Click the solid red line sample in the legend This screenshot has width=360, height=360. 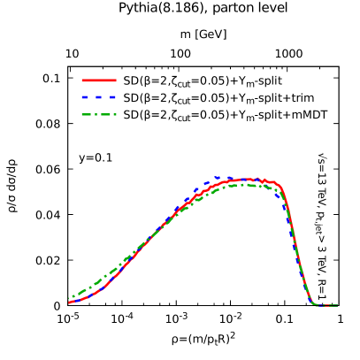coord(99,80)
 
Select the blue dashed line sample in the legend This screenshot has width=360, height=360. coord(99,97)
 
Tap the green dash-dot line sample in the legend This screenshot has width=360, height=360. coord(99,114)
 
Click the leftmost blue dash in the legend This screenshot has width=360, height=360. coord(85,97)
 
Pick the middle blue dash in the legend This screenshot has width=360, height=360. coord(99,97)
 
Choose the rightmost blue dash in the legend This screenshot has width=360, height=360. coord(112,97)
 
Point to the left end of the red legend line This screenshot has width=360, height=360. coord(82,80)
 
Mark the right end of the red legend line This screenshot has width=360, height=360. coord(116,80)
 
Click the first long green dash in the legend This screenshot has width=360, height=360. coord(88,114)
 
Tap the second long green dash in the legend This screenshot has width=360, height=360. coord(106,114)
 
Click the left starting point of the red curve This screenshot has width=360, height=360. coord(70,303)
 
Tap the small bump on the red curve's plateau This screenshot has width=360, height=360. coord(264,180)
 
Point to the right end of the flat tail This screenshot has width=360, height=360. coord(337,306)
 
